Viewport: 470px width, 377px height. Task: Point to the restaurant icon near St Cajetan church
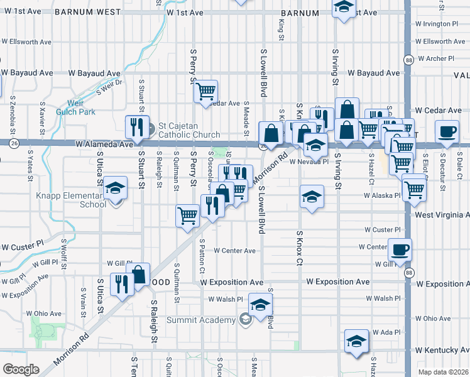(x=136, y=128)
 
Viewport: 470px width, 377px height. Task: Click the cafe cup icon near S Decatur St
(x=447, y=131)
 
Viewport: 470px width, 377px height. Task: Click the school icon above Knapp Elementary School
(x=116, y=188)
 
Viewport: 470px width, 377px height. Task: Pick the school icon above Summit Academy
(x=260, y=305)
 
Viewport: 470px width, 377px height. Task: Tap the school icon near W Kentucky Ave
(x=356, y=341)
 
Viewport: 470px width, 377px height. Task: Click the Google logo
(x=21, y=369)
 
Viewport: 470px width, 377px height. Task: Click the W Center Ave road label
(x=234, y=250)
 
